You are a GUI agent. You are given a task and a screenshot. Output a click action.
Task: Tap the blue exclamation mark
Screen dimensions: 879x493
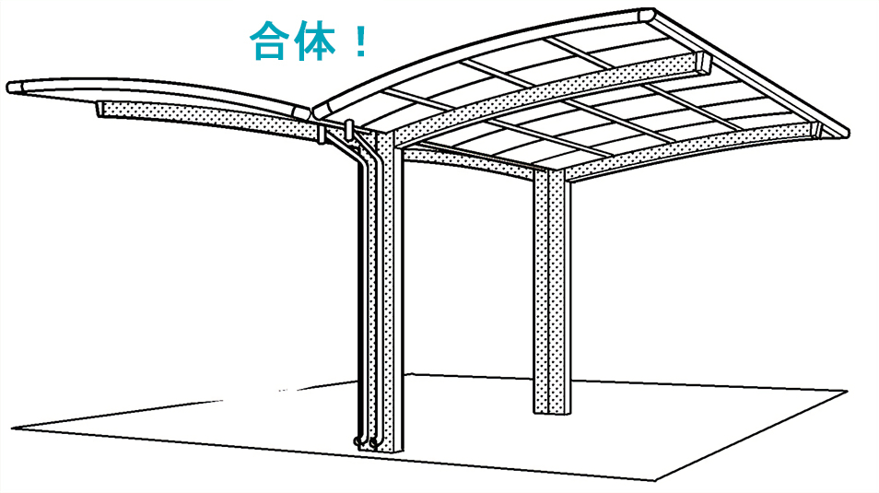(x=361, y=41)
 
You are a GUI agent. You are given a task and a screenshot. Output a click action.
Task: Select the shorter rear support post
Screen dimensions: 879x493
(x=552, y=291)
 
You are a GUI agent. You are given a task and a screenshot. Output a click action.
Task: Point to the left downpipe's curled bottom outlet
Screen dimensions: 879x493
(x=358, y=442)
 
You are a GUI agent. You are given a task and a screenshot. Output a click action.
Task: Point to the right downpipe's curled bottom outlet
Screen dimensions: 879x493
(x=373, y=443)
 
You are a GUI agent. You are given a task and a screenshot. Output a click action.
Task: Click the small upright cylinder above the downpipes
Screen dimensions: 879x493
(x=349, y=128)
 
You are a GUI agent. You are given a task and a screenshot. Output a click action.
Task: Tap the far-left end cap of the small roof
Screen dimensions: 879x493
(x=15, y=88)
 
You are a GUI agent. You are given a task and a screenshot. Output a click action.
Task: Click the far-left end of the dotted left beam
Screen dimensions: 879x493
(x=100, y=110)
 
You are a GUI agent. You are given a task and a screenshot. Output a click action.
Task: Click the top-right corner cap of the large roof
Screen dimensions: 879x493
(x=648, y=15)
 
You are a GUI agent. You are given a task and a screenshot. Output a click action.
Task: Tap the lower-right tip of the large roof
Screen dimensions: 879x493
(x=845, y=134)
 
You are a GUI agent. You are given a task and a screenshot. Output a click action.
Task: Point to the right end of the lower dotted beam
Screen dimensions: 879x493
(x=816, y=130)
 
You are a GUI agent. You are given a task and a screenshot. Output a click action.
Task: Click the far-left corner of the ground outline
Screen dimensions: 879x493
(x=12, y=429)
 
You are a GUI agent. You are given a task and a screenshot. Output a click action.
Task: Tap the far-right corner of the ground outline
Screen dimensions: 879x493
(x=847, y=392)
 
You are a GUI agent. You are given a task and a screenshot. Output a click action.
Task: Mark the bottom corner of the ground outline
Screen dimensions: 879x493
(x=655, y=481)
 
